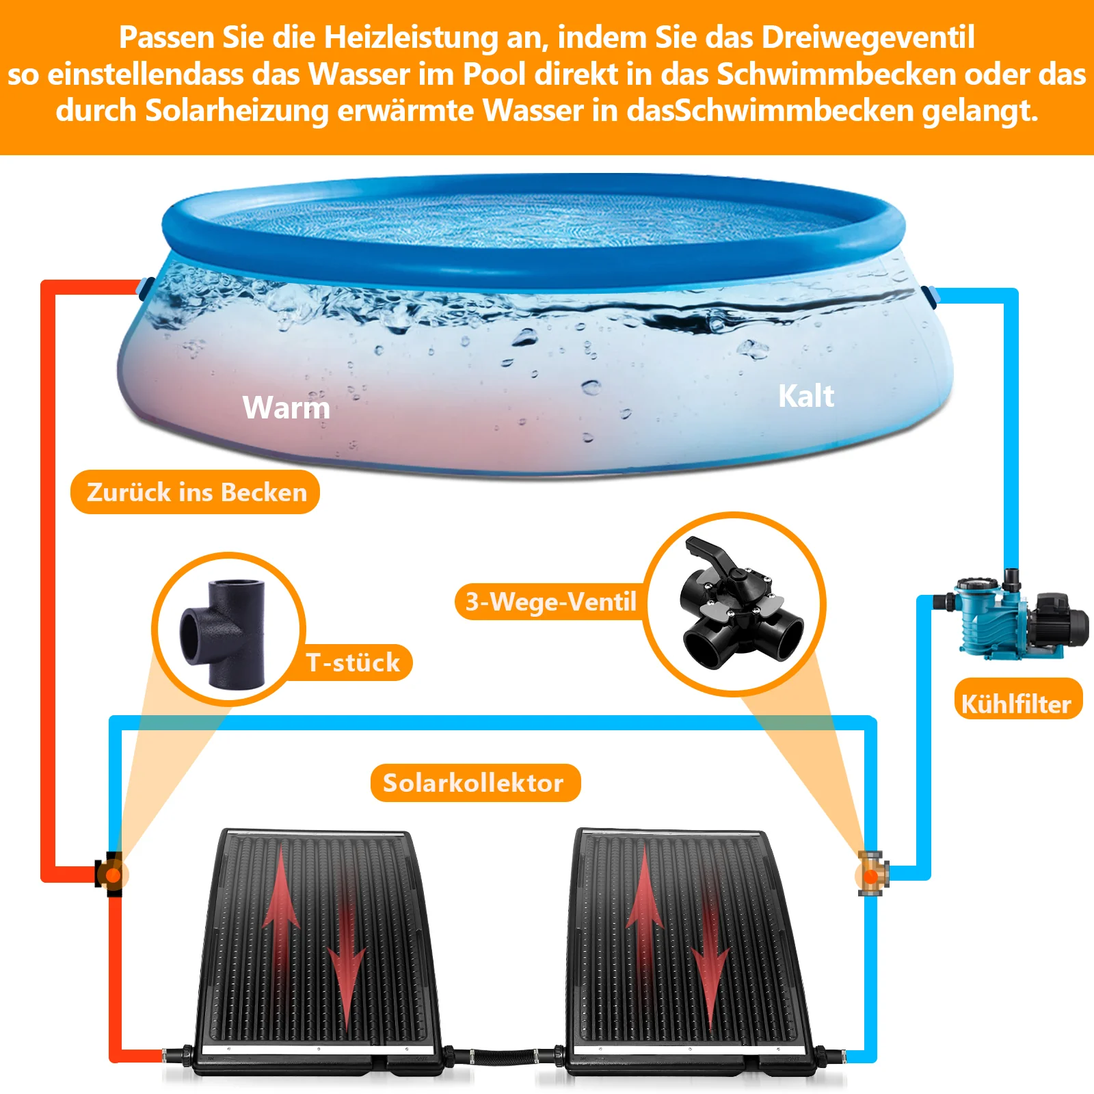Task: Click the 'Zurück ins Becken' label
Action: (x=196, y=492)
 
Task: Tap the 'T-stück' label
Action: (x=353, y=663)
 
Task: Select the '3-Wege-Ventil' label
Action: (x=550, y=602)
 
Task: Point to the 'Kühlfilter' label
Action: (x=1017, y=704)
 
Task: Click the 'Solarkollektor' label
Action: (x=474, y=783)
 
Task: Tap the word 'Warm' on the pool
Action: (x=286, y=408)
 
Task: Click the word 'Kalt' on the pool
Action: (x=806, y=397)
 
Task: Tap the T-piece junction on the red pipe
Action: (x=110, y=875)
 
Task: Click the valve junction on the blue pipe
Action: (x=872, y=875)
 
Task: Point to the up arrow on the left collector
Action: (x=282, y=903)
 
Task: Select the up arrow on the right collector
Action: (x=645, y=903)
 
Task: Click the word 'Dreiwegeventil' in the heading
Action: (x=868, y=38)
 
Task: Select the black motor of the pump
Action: (x=1060, y=619)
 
